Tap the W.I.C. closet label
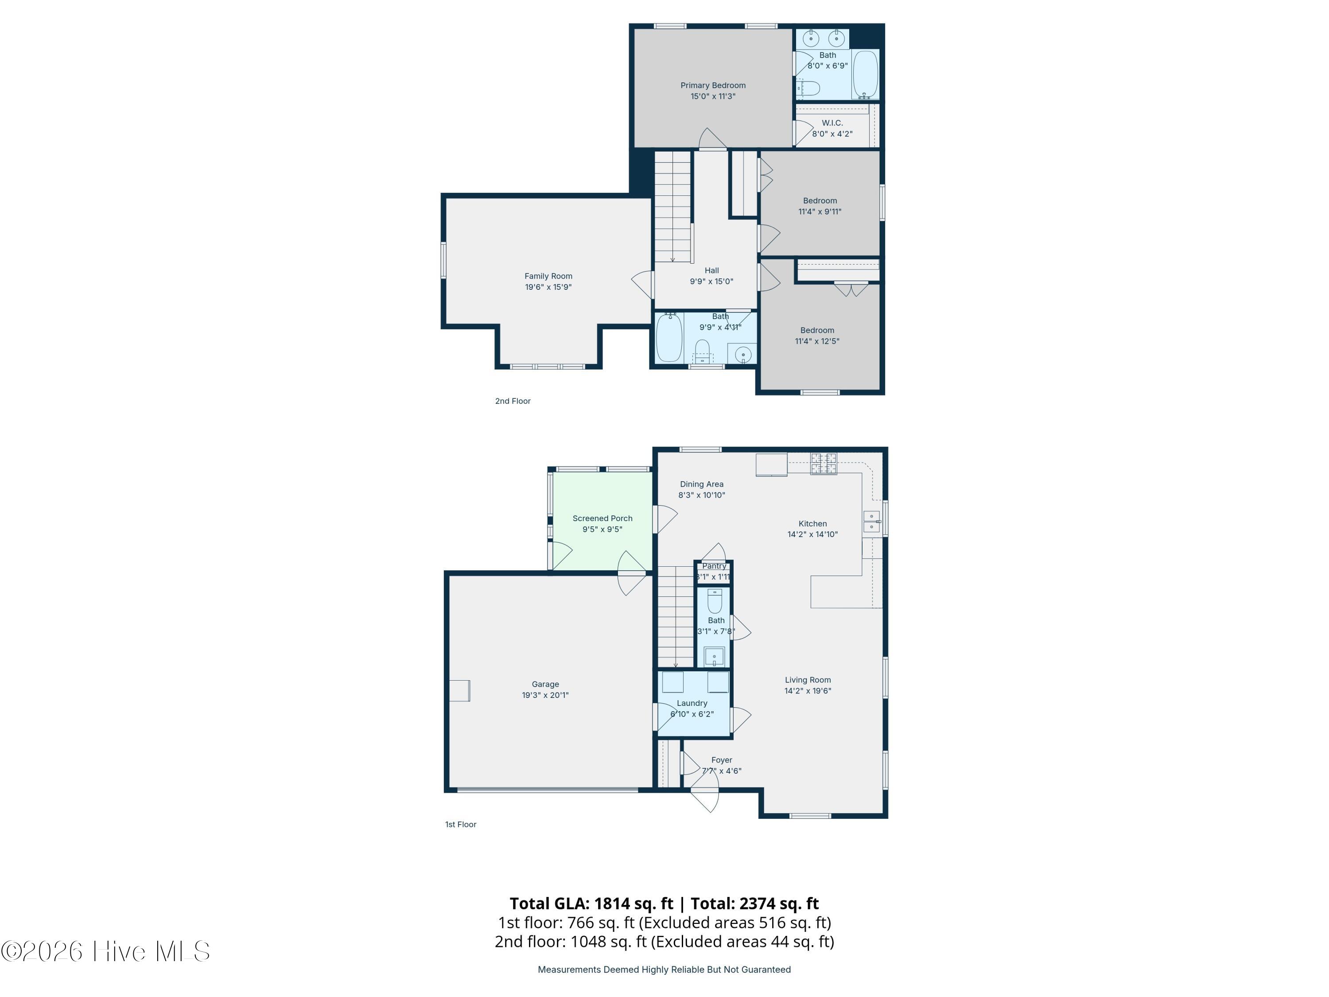[832, 123]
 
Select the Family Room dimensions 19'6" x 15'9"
[548, 287]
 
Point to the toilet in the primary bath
[808, 88]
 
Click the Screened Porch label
[602, 518]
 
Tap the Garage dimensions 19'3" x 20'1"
[545, 695]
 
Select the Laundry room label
[692, 703]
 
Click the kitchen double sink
[871, 521]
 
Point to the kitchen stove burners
[823, 463]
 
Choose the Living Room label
[808, 680]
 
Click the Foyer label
[722, 760]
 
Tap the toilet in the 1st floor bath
[715, 600]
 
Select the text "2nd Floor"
[513, 401]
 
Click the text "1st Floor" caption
[460, 825]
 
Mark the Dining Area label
[701, 484]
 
